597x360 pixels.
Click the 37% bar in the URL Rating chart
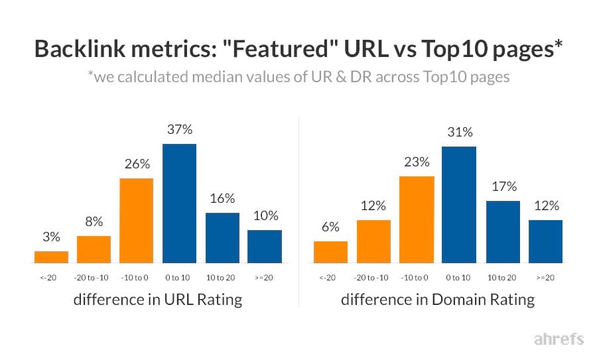[x=179, y=203]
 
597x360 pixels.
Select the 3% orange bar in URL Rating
[x=51, y=257]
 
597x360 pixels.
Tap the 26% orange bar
[x=136, y=220]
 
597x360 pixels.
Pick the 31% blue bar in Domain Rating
[x=458, y=204]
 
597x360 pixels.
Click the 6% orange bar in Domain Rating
[x=330, y=251]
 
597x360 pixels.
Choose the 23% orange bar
[x=416, y=219]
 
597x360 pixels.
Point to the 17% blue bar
[x=502, y=231]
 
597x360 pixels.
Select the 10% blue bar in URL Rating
[x=264, y=246]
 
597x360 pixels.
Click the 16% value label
[x=222, y=198]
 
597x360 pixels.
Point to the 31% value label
[x=458, y=132]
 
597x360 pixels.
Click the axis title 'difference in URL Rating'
[x=157, y=300]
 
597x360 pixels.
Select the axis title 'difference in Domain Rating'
[x=437, y=300]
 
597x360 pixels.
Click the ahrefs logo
[x=559, y=339]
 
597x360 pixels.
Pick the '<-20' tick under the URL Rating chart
[x=51, y=277]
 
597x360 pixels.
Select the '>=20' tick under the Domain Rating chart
[x=545, y=277]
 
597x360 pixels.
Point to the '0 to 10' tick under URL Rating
[x=179, y=277]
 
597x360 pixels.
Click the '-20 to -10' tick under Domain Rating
[x=373, y=277]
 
